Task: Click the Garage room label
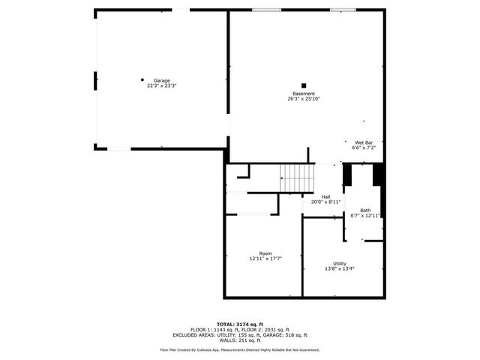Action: [161, 80]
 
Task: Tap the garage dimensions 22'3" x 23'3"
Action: [161, 85]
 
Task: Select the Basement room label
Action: [304, 94]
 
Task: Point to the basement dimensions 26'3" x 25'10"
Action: [304, 99]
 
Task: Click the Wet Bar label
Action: [364, 142]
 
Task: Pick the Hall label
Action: [326, 196]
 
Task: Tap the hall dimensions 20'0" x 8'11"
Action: [326, 202]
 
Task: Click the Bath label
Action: [365, 210]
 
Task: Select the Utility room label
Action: [340, 263]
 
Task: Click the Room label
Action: [265, 253]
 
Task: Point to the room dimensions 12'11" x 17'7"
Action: [265, 259]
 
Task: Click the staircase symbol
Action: [298, 178]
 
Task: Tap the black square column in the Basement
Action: [304, 85]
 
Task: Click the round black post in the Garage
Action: [142, 79]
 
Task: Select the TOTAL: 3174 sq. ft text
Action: [239, 324]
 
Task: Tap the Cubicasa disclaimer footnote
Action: [239, 349]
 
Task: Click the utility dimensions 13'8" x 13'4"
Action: [340, 268]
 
